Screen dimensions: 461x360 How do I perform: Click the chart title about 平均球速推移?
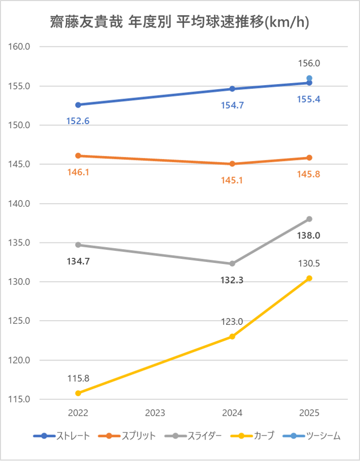pos(180,22)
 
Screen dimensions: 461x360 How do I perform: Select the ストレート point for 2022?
pos(78,105)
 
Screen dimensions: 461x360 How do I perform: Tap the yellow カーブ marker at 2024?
pos(232,336)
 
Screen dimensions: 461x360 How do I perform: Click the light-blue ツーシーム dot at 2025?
pos(309,78)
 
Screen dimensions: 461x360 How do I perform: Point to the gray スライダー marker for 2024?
pos(232,263)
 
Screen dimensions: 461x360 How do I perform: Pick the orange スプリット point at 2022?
pos(78,156)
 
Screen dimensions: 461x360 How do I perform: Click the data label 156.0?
pos(309,64)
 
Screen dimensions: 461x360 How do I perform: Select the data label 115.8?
pos(78,379)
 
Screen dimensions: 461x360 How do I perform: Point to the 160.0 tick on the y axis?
pos(20,46)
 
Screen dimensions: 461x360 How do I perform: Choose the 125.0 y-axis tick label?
pos(20,321)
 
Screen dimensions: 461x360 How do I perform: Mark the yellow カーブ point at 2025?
pos(309,278)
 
